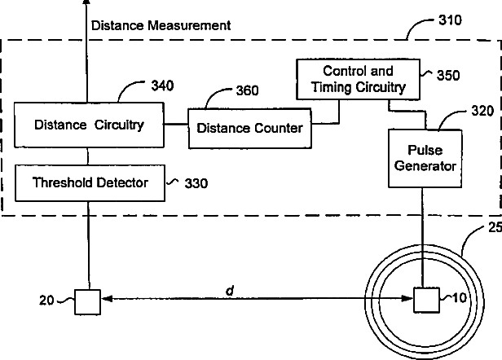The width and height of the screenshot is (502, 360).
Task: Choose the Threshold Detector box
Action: [90, 182]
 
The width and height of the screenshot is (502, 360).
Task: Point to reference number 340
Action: [162, 84]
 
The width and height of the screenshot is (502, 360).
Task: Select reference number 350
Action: [447, 74]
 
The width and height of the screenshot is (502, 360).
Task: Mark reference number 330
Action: [196, 183]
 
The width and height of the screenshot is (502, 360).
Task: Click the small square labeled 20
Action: [87, 301]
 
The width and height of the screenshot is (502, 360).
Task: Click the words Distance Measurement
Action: [161, 25]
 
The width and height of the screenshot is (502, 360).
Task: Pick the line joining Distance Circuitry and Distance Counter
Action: [178, 125]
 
